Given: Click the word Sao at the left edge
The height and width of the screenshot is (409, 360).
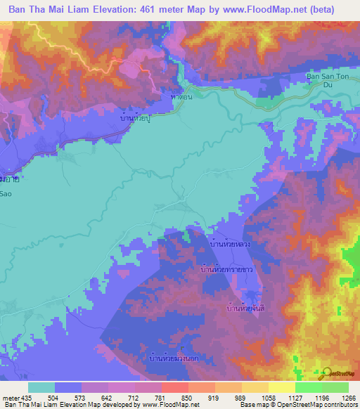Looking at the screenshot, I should (6, 191).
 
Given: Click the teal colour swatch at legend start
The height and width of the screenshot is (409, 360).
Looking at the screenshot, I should (41, 387).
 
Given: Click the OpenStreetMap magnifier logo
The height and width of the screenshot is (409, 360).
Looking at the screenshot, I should (326, 373).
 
